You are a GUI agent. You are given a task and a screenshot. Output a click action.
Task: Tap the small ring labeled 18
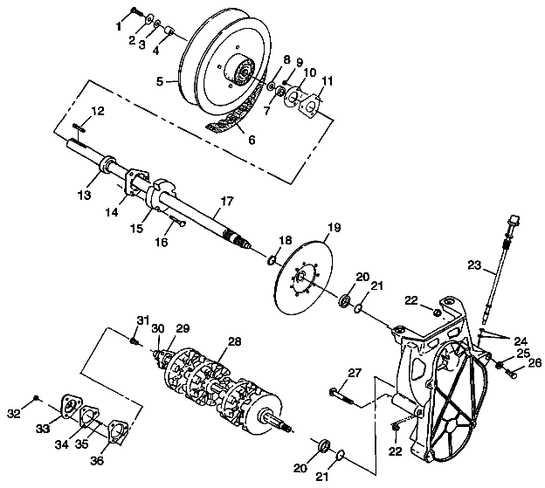pyautogui.click(x=272, y=260)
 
